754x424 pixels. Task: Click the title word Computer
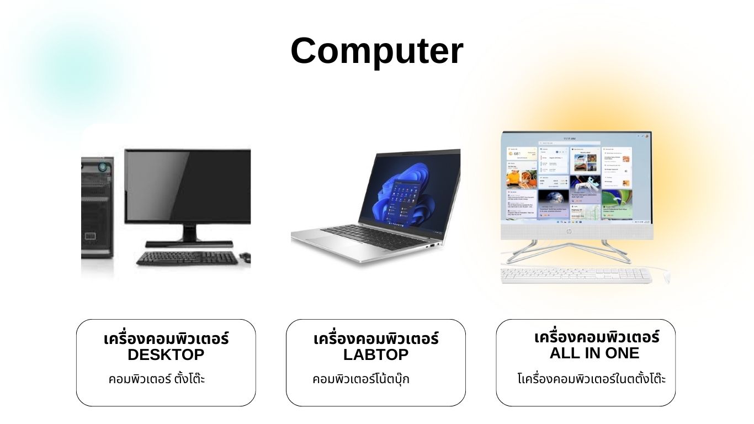pyautogui.click(x=377, y=51)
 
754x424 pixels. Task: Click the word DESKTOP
pyautogui.click(x=166, y=354)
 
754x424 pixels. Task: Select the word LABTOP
pyautogui.click(x=376, y=354)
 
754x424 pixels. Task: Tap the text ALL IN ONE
pyautogui.click(x=594, y=353)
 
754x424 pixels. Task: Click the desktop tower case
pyautogui.click(x=97, y=208)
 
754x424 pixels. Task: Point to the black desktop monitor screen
pyautogui.click(x=188, y=186)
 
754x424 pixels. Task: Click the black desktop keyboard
pyautogui.click(x=187, y=258)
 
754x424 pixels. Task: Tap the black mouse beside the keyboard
pyautogui.click(x=246, y=257)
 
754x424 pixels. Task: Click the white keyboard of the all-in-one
pyautogui.click(x=576, y=276)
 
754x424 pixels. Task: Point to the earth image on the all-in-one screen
pyautogui.click(x=553, y=200)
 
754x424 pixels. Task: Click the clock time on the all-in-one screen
pyautogui.click(x=570, y=139)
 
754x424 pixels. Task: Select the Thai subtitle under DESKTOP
pyautogui.click(x=157, y=379)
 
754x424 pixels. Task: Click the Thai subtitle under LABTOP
pyautogui.click(x=361, y=379)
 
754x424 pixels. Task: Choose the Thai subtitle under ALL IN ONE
pyautogui.click(x=591, y=379)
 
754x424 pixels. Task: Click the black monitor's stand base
pyautogui.click(x=189, y=244)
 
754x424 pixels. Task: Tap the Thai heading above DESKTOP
pyautogui.click(x=166, y=338)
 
